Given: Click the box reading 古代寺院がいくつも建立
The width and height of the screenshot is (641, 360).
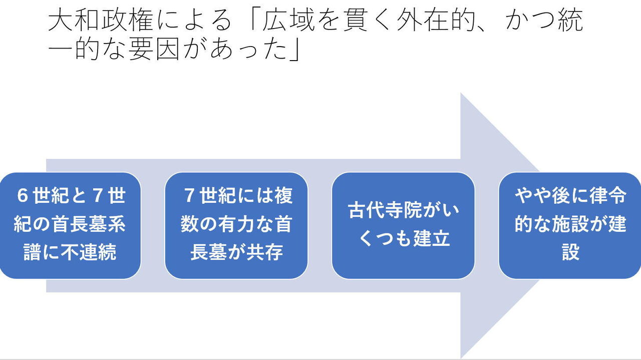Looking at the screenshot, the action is point(403,225).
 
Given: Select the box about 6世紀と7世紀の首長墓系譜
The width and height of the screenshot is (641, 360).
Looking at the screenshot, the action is point(70,225).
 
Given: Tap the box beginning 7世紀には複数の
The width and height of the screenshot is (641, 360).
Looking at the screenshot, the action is point(236,225).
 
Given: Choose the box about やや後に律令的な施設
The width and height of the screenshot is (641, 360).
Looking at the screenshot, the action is point(570,225).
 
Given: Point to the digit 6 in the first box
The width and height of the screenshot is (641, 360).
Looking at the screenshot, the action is point(22,196).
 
